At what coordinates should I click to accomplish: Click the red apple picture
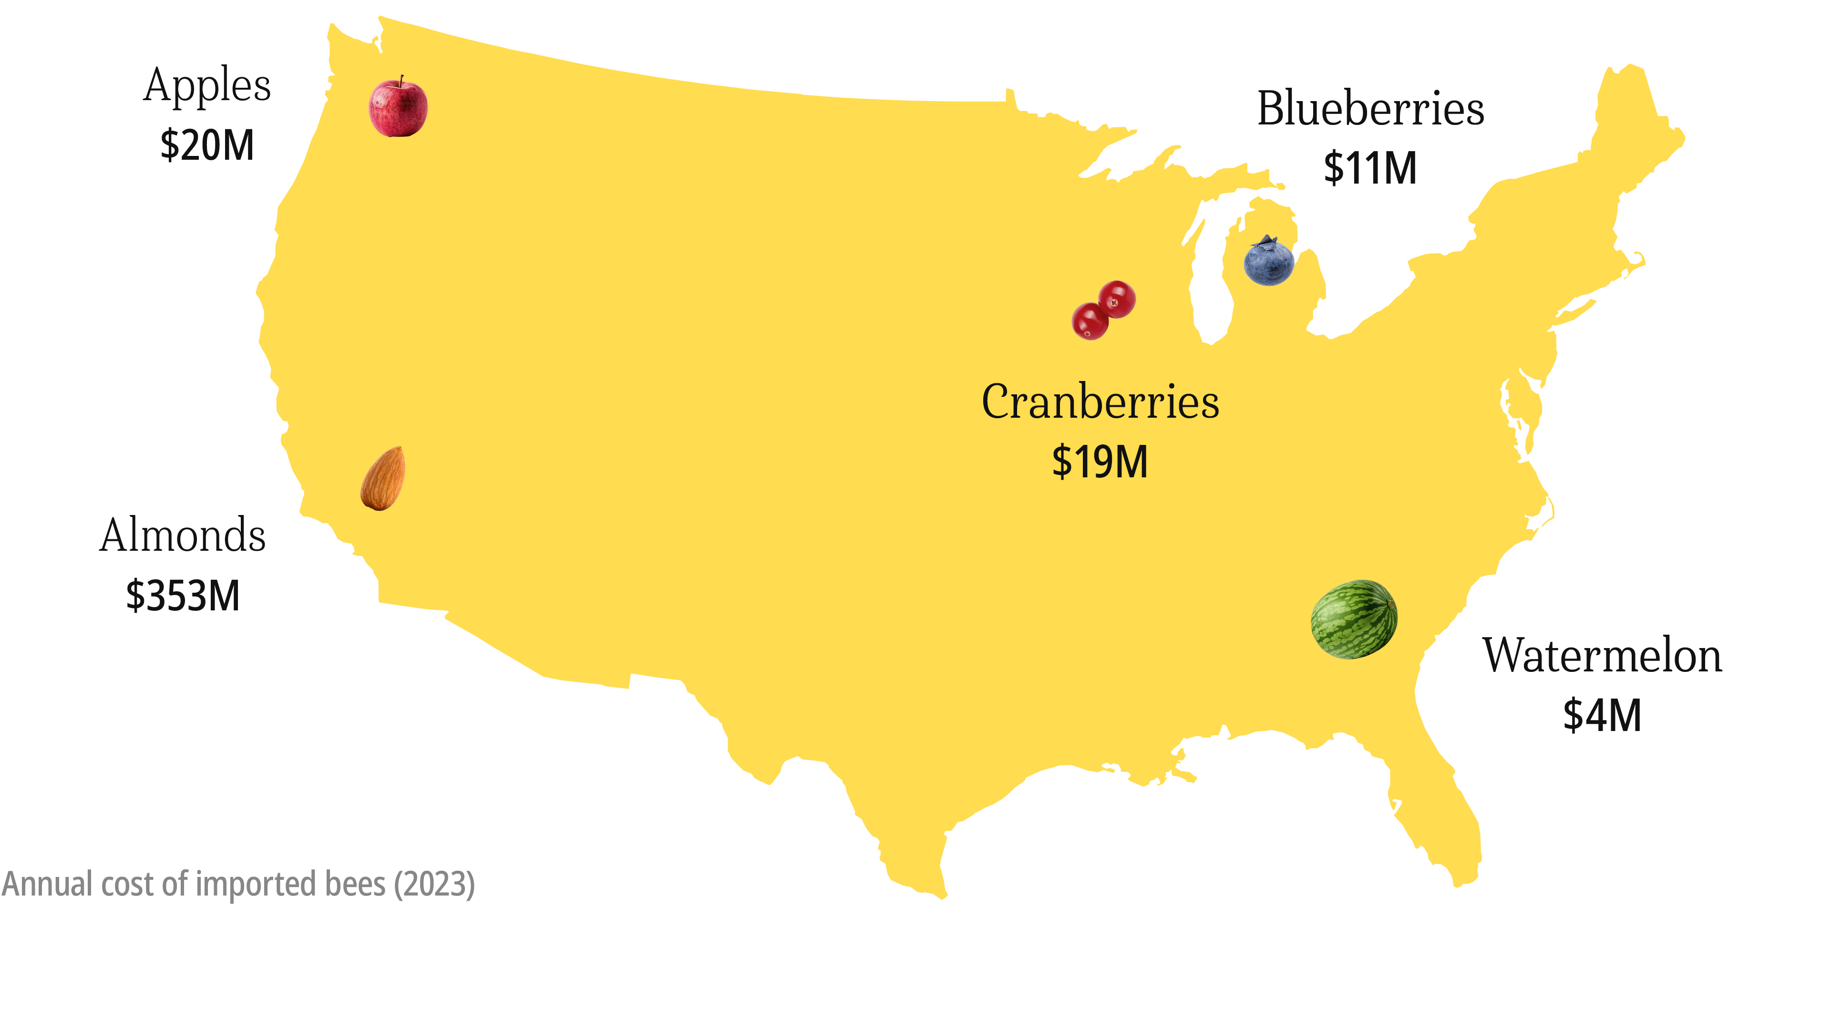(x=398, y=108)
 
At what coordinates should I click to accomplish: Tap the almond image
(x=383, y=478)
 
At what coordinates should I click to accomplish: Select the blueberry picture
(x=1269, y=262)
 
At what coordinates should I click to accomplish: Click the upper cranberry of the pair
(x=1117, y=299)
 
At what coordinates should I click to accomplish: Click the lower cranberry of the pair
(x=1090, y=321)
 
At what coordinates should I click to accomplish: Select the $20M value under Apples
(x=207, y=146)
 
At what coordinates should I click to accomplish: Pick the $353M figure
(x=183, y=596)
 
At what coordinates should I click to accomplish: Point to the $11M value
(x=1370, y=168)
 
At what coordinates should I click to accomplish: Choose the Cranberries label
(x=1101, y=402)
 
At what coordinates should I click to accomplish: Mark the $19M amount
(x=1100, y=462)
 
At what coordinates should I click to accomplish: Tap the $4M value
(x=1602, y=715)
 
